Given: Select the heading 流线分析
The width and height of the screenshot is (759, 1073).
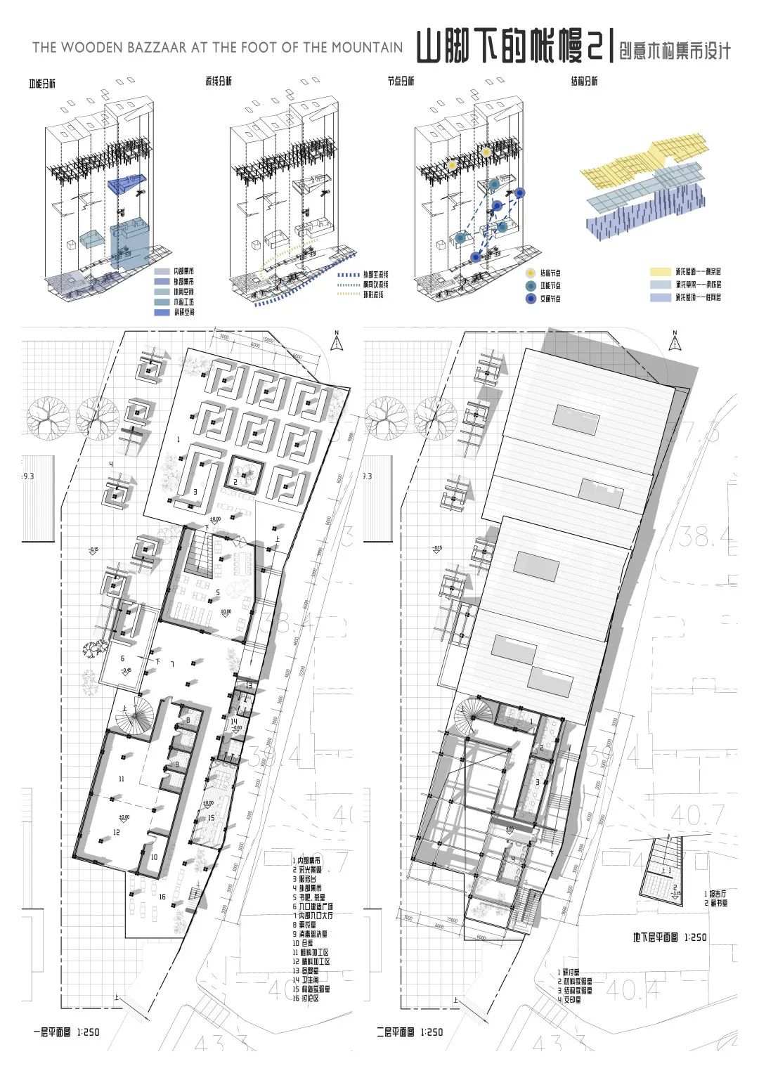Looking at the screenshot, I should (219, 81).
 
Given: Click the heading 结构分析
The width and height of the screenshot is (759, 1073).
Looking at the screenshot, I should (584, 81).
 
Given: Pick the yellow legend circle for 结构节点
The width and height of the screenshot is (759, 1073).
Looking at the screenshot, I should (530, 273).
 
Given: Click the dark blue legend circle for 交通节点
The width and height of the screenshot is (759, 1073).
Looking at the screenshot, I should (530, 299).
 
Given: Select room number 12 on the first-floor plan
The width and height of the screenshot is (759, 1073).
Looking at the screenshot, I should (117, 832).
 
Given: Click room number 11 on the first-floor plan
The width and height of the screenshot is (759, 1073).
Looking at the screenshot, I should (121, 779).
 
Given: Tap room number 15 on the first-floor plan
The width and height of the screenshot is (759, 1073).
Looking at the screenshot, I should (210, 818).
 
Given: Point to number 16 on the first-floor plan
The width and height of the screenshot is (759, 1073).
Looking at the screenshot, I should (162, 897).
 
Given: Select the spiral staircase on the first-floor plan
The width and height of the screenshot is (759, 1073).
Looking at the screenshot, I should (136, 716).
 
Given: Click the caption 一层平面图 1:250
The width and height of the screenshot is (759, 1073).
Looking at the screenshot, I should (66, 1032).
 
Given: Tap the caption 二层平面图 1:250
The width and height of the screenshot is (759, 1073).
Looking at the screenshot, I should (409, 1032).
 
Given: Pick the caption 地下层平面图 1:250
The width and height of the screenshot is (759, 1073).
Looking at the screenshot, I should (669, 937).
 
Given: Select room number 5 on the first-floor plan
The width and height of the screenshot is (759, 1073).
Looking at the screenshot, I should (218, 592).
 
